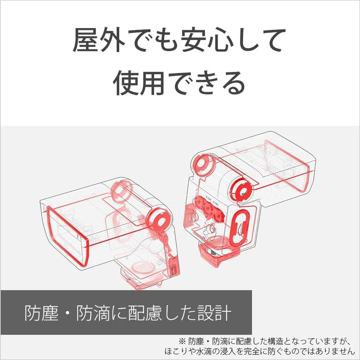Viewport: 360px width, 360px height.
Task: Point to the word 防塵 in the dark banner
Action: point(42,313)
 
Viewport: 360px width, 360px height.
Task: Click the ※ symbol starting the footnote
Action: point(182,341)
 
